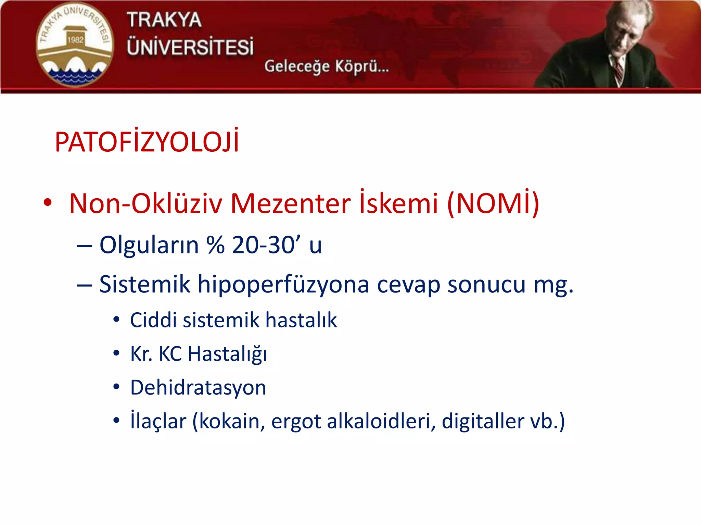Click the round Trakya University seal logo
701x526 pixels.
(75, 45)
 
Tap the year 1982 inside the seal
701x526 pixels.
(75, 40)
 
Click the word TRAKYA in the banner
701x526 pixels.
(164, 20)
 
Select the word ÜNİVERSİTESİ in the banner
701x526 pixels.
(190, 47)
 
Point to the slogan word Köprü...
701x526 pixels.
(362, 66)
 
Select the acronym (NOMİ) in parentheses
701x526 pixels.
(493, 203)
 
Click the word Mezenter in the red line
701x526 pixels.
(291, 203)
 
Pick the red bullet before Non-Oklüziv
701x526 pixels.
(48, 202)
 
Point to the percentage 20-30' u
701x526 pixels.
(277, 245)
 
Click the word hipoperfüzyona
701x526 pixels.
(283, 284)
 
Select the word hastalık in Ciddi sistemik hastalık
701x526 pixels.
(301, 320)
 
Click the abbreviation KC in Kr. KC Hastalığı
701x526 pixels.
(170, 354)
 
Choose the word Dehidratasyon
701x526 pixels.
(198, 387)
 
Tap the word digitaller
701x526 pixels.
(482, 421)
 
